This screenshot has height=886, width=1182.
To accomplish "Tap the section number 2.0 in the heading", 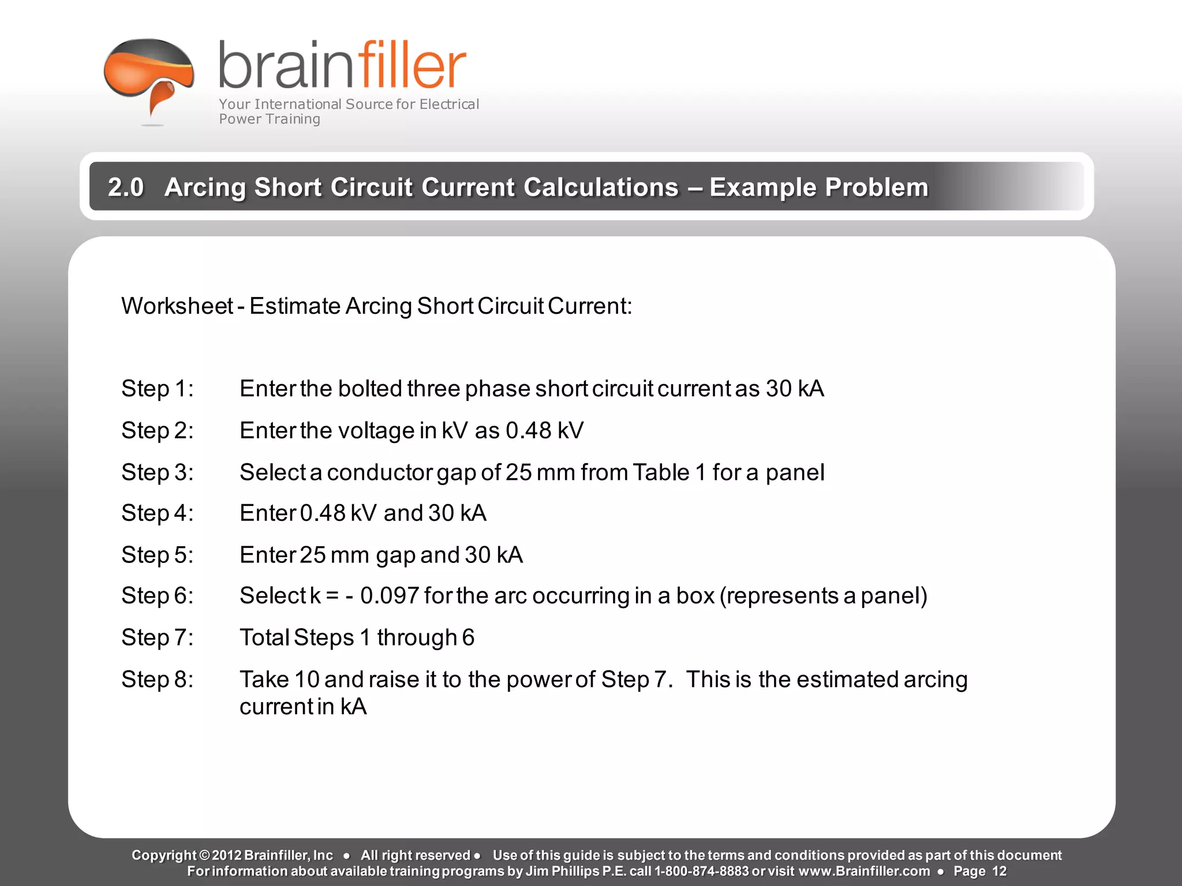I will (x=126, y=187).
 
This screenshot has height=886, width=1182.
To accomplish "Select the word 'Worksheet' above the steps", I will (x=177, y=306).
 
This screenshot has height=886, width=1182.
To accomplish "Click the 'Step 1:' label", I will (x=157, y=389).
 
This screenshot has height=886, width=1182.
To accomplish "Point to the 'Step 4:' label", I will (x=157, y=513).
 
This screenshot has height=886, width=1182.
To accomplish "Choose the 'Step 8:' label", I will (x=157, y=679).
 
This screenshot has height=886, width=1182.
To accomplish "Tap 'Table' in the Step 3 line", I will (x=661, y=472).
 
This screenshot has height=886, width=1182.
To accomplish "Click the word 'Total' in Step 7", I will (x=264, y=637).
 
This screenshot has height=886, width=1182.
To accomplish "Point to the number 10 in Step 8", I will (x=306, y=679).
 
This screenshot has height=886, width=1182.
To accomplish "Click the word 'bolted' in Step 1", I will (x=369, y=389).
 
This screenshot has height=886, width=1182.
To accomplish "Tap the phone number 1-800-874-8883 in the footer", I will (x=701, y=871).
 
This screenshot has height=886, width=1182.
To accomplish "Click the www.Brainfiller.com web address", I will (x=864, y=871).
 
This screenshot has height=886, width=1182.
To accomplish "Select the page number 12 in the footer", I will (x=999, y=871).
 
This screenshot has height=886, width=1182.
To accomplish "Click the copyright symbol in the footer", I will (x=204, y=855).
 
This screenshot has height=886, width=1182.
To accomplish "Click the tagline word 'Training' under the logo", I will (x=293, y=119).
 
